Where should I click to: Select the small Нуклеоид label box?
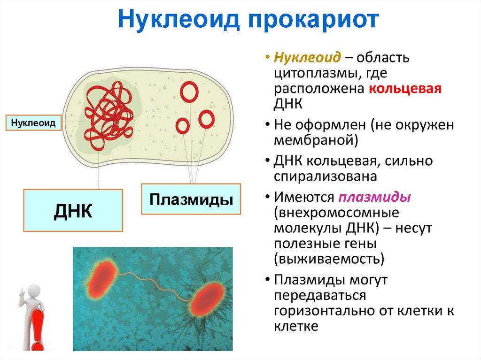[33, 123]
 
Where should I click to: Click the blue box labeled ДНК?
[73, 210]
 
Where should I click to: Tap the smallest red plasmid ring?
[183, 126]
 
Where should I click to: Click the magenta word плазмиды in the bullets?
[374, 196]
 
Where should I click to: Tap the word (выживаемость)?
[330, 258]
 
